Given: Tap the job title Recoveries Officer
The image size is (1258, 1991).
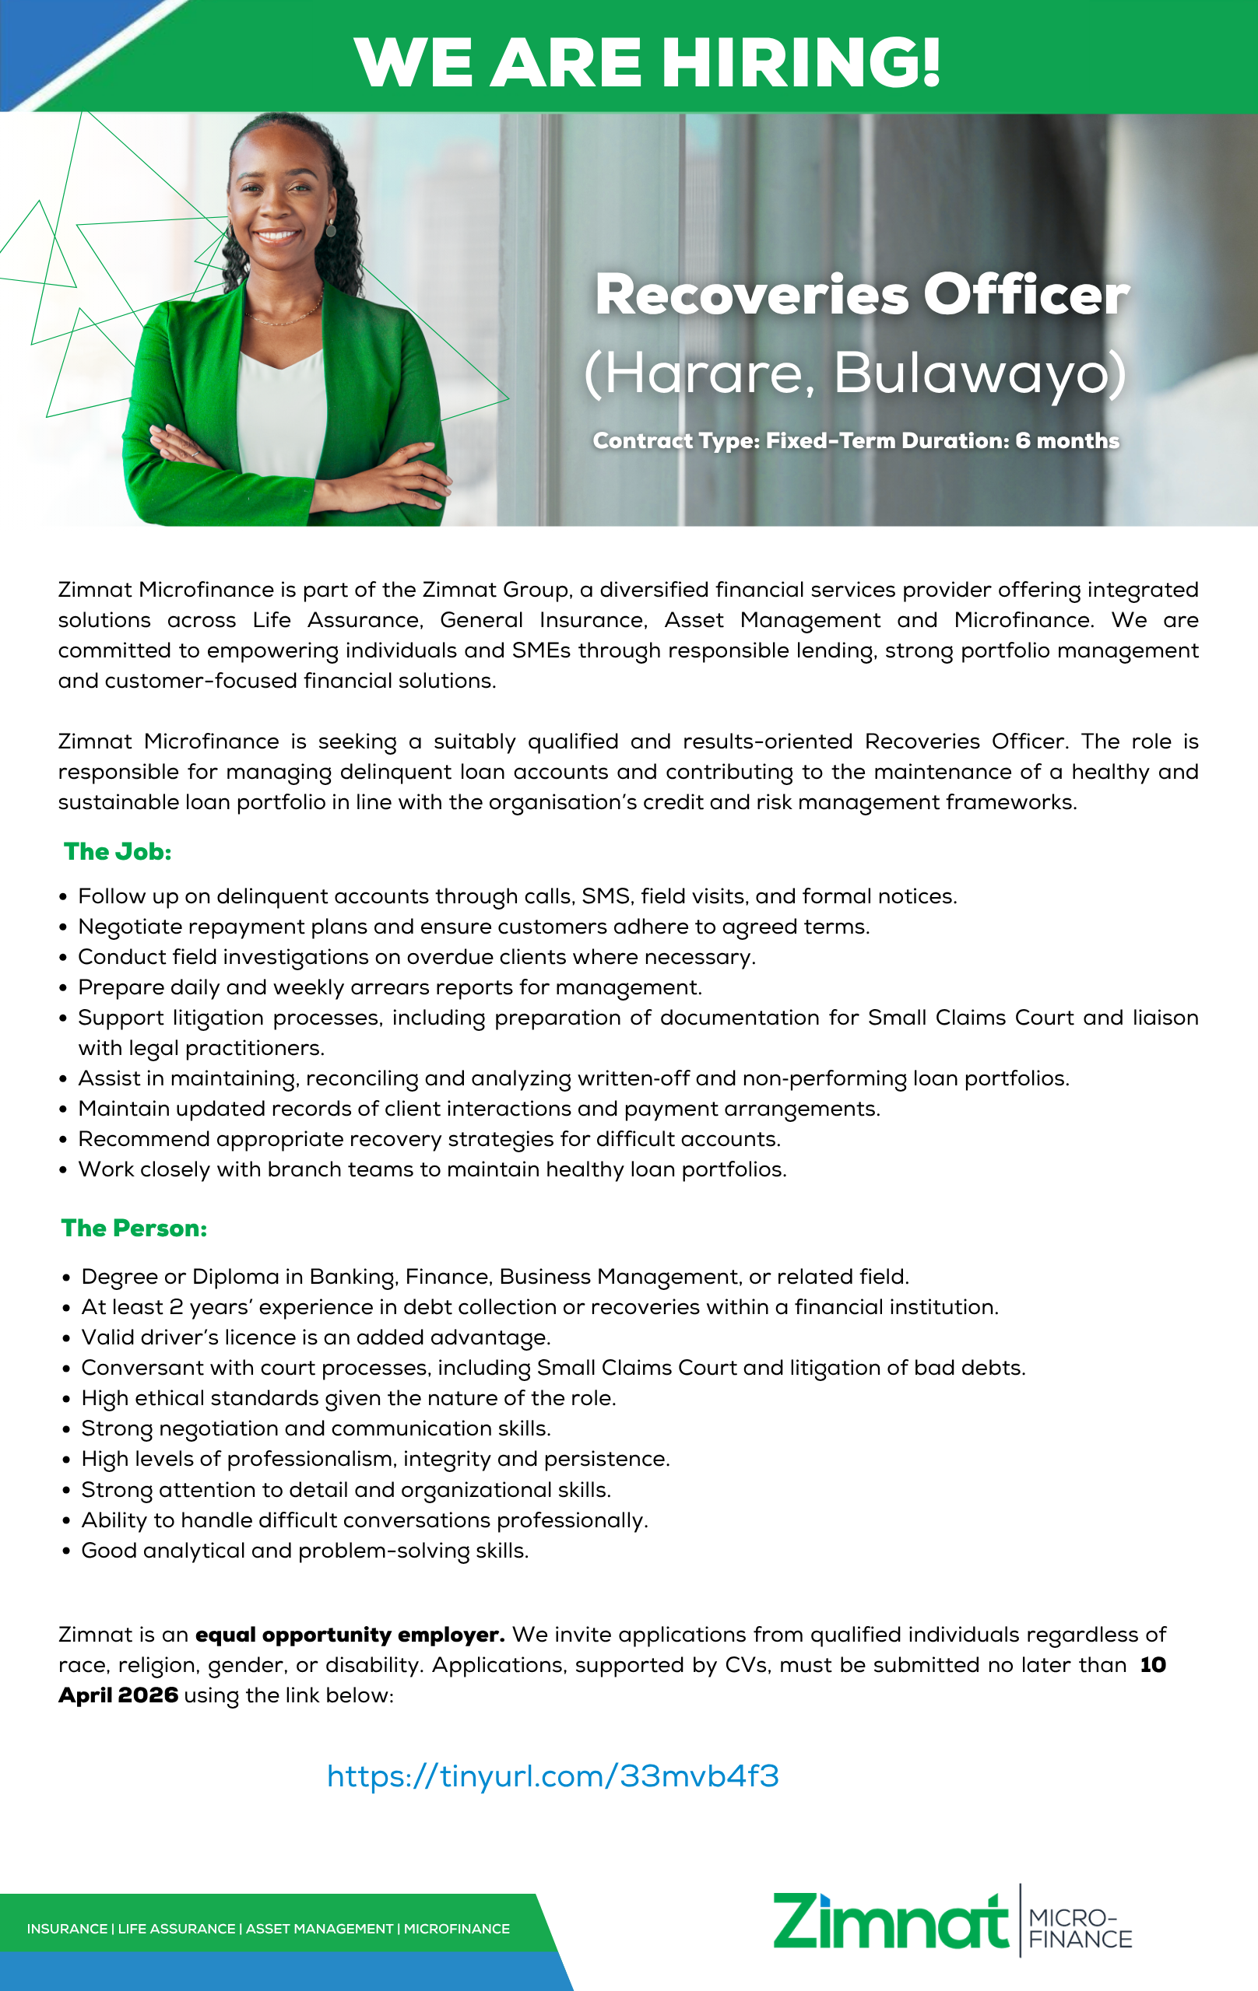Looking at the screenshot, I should click(x=862, y=294).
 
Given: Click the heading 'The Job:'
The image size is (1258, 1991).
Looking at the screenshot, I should click(x=118, y=852).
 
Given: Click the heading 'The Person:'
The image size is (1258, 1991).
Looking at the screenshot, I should click(x=134, y=1229).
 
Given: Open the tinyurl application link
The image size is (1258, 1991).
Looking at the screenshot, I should click(x=553, y=1776).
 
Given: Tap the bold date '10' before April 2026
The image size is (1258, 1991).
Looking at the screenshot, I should click(x=1152, y=1665).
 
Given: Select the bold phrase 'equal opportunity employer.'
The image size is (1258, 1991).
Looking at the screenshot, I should click(x=350, y=1635).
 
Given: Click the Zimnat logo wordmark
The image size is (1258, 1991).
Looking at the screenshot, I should click(x=890, y=1923).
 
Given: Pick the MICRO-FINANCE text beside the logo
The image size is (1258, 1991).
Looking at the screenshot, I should click(x=1080, y=1928).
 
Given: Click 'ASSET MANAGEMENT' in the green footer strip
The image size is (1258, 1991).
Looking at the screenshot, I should click(x=319, y=1929).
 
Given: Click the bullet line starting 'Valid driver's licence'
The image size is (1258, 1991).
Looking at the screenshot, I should click(x=315, y=1337).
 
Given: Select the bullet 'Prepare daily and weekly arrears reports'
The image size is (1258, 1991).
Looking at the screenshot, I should click(x=389, y=987).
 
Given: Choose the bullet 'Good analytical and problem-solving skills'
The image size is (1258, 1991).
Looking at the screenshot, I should click(x=304, y=1551).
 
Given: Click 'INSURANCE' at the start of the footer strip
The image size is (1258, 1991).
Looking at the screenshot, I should click(x=67, y=1929).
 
